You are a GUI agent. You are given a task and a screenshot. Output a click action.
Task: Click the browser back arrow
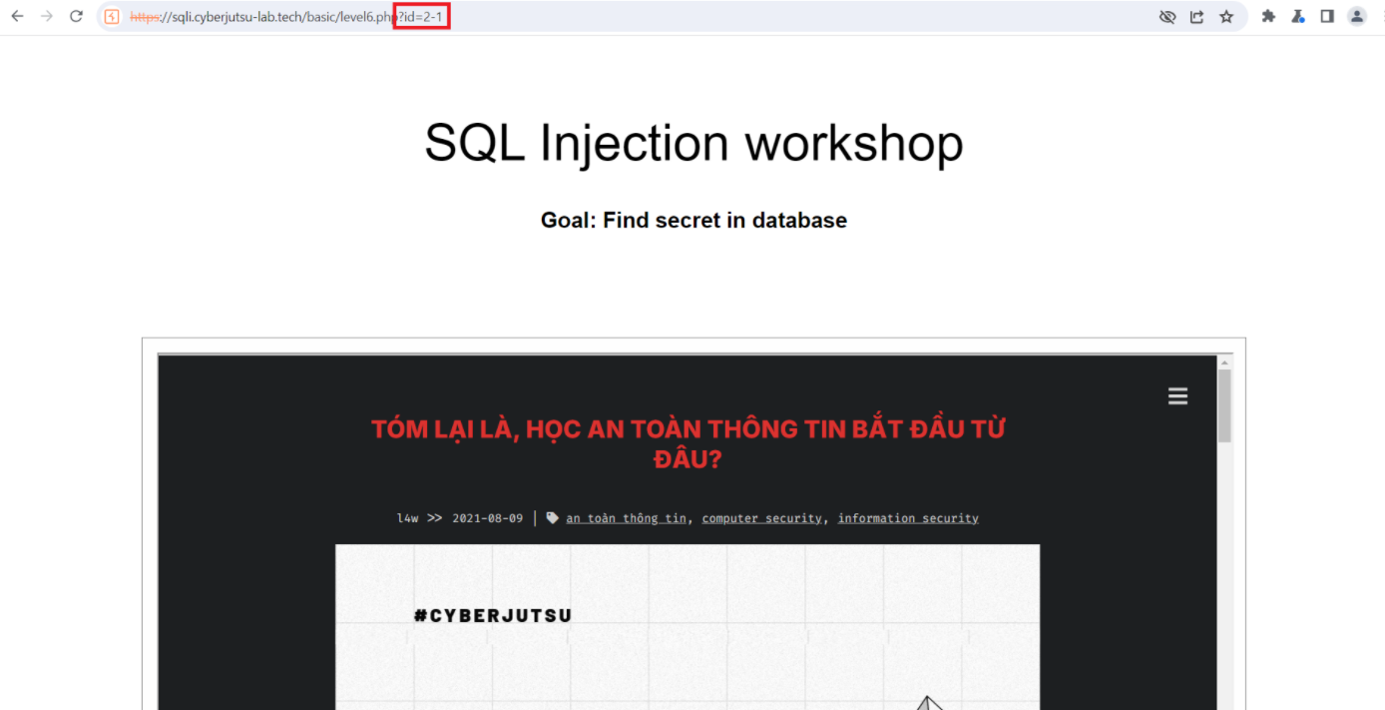(x=17, y=16)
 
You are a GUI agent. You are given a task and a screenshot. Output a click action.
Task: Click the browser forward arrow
(x=47, y=16)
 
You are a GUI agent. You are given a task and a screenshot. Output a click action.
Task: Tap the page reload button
(x=76, y=16)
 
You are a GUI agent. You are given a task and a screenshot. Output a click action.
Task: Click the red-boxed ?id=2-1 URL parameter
(x=421, y=17)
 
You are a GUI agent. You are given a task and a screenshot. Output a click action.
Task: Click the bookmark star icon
(x=1226, y=17)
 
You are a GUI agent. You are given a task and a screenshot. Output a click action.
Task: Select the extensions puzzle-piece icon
(x=1268, y=17)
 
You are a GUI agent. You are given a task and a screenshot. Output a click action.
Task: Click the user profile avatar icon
(x=1356, y=17)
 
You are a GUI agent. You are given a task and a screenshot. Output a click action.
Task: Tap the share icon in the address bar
(x=1197, y=17)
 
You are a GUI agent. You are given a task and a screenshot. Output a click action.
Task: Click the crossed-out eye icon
(x=1167, y=17)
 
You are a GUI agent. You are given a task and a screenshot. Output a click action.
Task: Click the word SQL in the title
(x=475, y=143)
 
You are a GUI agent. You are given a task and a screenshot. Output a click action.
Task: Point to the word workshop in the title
(x=854, y=144)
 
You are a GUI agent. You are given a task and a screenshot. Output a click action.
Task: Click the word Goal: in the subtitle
(x=568, y=221)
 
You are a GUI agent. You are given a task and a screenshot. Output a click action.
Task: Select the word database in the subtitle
(x=799, y=221)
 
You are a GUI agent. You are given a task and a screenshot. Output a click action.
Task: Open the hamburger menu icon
(x=1177, y=396)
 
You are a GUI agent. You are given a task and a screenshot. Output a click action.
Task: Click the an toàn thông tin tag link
(x=626, y=518)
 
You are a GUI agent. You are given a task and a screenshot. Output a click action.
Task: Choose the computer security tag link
(x=761, y=518)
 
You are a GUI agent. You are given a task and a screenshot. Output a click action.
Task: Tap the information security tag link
(x=908, y=518)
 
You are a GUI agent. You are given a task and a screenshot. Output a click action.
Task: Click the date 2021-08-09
(x=487, y=518)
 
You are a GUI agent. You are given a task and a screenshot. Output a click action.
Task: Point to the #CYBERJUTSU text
(x=493, y=616)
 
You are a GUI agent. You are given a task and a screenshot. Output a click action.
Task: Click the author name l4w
(x=407, y=518)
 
